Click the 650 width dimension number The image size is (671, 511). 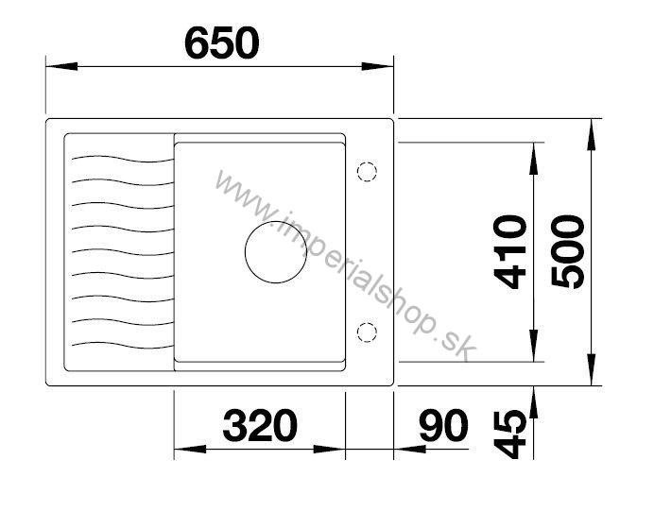[222, 43]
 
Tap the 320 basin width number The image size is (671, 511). [260, 425]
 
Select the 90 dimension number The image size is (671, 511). [444, 425]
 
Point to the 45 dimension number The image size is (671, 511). [509, 434]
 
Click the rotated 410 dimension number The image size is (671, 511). [509, 252]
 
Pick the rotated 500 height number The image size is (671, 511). [568, 252]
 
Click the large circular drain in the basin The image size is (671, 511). [276, 252]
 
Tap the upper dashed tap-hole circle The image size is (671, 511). [367, 172]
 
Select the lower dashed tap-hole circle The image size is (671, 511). [367, 332]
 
